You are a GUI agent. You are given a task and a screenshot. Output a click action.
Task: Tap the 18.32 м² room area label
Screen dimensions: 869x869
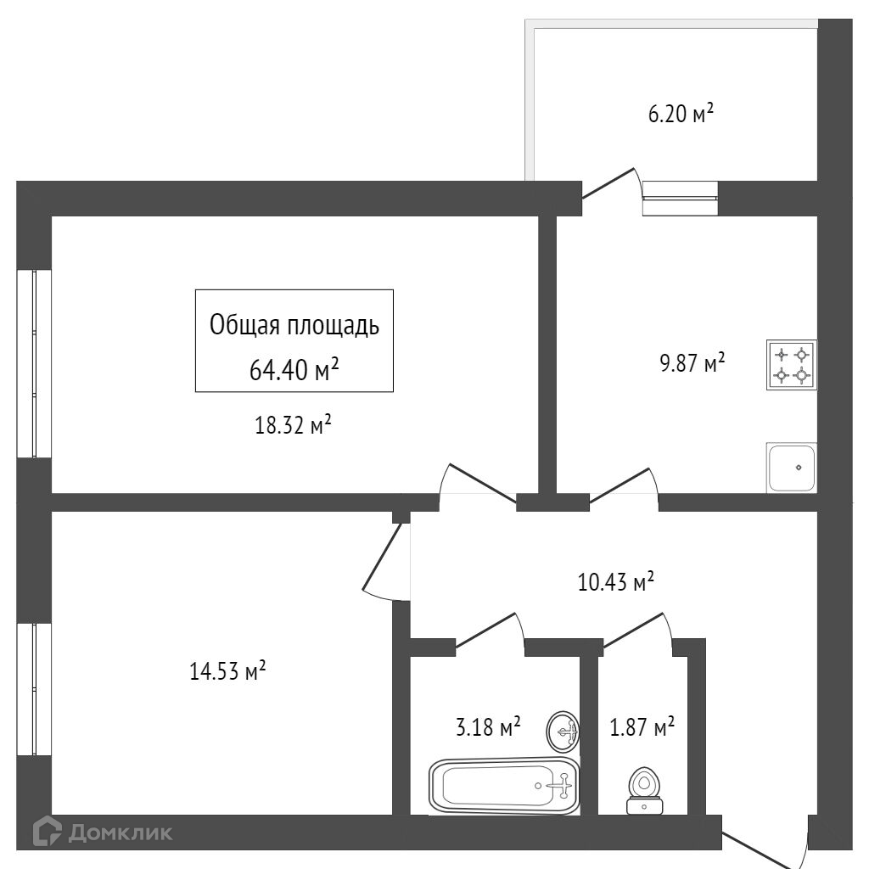point(293,426)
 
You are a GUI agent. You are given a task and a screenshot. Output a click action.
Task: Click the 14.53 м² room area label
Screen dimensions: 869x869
point(228,672)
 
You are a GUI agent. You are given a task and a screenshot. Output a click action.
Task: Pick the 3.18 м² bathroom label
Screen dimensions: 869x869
point(488,727)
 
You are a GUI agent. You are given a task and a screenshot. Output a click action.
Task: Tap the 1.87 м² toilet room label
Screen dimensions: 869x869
point(642,727)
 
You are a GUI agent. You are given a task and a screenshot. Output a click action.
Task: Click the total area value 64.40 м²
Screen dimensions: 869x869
point(294,368)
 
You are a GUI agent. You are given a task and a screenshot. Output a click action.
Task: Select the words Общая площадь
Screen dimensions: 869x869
point(294,325)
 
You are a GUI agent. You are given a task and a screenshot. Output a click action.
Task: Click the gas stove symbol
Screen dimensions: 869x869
point(792,364)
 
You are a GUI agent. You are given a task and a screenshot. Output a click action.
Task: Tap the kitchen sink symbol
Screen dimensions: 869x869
point(792,467)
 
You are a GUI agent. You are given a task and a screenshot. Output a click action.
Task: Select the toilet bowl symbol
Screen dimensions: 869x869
point(645,788)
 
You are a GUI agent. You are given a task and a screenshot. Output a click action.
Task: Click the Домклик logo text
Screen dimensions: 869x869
point(120,833)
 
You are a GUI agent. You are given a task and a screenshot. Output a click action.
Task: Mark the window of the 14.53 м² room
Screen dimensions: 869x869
point(34,689)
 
